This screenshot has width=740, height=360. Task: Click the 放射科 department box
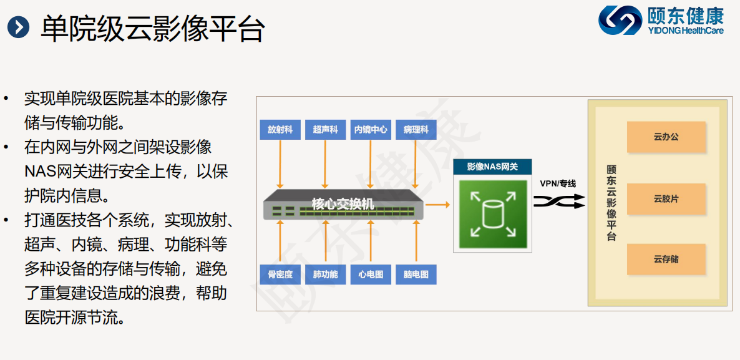coord(280,130)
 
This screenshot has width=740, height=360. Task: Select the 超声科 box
coord(325,130)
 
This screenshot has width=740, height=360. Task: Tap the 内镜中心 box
coord(371,130)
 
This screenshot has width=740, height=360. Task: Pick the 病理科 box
coord(416,130)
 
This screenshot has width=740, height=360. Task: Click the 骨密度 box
coord(280,275)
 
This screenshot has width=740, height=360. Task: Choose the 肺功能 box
coord(325,275)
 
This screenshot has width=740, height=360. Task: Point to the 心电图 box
coord(371,275)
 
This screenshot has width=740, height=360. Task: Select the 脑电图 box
coord(416,275)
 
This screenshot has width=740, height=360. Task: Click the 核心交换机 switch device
coord(343,204)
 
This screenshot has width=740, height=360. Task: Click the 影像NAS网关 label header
coord(493,167)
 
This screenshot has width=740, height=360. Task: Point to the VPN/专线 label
coord(558,184)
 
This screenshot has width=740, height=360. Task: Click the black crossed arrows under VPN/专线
coord(559,202)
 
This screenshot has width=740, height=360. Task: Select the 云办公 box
coord(666,137)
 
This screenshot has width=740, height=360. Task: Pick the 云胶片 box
coord(666,199)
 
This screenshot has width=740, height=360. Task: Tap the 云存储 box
coord(666,259)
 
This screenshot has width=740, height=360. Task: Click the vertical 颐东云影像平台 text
coord(611,203)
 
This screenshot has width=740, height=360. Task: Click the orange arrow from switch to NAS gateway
coord(438,204)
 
